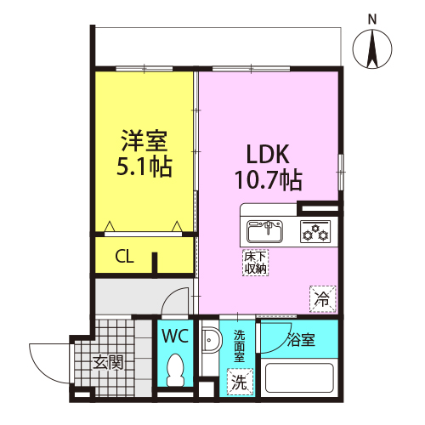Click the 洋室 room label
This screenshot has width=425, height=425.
click(144, 141)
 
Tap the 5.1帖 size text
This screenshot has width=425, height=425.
click(144, 167)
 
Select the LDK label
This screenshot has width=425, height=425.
click(268, 154)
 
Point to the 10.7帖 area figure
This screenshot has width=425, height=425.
click(269, 179)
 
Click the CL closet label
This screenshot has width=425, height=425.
click(124, 257)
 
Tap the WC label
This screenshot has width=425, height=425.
click(175, 337)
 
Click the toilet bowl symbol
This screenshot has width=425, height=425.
click(175, 371)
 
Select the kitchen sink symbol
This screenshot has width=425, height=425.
click(264, 231)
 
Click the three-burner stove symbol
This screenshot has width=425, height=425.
click(315, 231)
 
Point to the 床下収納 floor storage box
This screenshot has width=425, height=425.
click(255, 263)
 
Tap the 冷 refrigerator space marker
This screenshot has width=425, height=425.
click(323, 299)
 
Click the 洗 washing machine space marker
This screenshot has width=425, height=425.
click(240, 382)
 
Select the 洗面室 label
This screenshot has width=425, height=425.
click(239, 346)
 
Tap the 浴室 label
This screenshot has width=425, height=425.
click(301, 339)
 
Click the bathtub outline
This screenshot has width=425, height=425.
click(299, 377)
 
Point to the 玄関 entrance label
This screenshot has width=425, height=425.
click(108, 362)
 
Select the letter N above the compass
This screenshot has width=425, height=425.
click(372, 20)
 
